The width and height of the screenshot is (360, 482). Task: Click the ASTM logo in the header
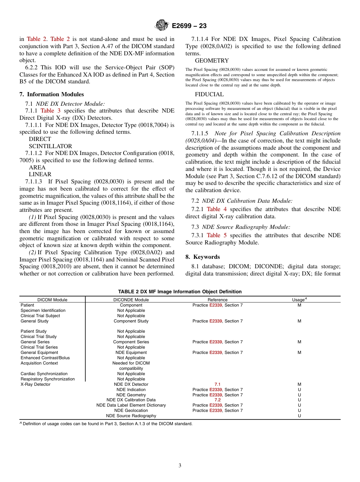pos(162,26)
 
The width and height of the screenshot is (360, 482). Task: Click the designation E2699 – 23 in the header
pos(189,26)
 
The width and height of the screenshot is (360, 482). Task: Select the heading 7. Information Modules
pos(52,94)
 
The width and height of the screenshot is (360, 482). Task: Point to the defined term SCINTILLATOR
pos(50,146)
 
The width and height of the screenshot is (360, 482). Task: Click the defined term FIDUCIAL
pos(209,94)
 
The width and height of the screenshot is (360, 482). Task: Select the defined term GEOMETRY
pos(212,61)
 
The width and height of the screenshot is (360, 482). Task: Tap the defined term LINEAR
pos(40,174)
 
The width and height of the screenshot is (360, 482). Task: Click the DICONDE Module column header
pos(131,300)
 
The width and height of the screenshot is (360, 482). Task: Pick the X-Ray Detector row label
pos(35,384)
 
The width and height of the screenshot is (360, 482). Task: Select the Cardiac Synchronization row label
pos(44,374)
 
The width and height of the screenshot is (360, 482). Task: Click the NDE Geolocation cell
pos(131,410)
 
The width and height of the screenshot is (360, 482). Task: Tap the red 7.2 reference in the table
pos(218,400)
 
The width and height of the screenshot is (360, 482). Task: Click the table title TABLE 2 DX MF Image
pos(180,292)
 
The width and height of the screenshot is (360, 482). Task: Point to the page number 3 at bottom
pos(180,466)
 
